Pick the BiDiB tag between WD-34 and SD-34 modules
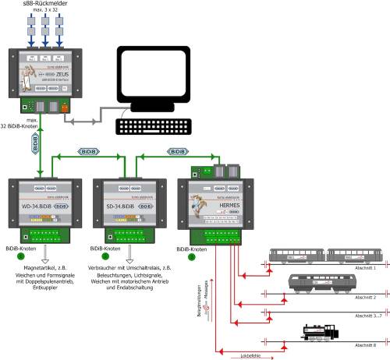click(x=86, y=153)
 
